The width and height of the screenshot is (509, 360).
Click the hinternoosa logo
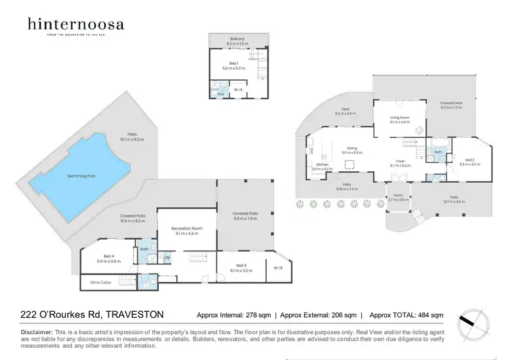75,26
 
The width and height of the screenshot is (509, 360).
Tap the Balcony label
237,39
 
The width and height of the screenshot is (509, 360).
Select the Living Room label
399,119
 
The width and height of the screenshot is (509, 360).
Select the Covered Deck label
451,104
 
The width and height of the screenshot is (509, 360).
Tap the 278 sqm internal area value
254,315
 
